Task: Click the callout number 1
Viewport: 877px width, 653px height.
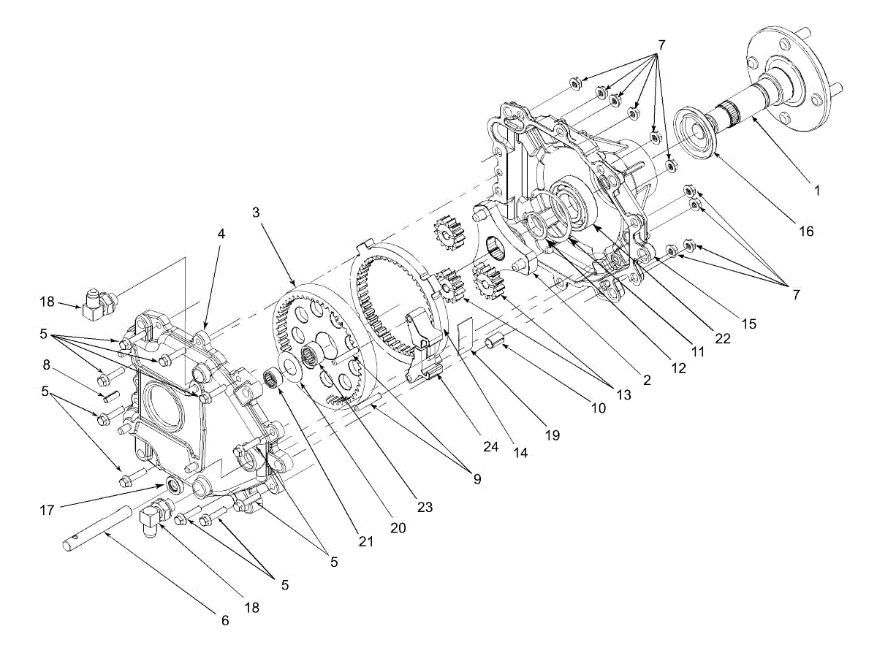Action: coord(818,191)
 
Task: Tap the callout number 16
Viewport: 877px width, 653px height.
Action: coord(805,232)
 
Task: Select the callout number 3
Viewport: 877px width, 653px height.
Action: coord(255,213)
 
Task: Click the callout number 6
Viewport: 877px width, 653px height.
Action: coord(225,621)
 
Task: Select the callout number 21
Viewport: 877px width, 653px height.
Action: coord(366,541)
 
